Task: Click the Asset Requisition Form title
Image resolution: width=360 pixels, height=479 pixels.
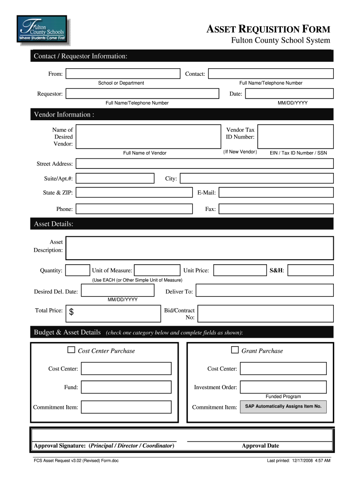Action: point(268,29)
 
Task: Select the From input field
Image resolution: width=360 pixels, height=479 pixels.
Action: point(122,74)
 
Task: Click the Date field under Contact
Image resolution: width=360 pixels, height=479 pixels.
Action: point(289,94)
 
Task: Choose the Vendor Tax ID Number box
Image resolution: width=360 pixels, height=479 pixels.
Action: point(295,136)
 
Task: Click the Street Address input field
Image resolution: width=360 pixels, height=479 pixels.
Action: point(204,164)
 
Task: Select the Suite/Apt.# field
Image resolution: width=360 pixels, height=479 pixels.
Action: point(115,179)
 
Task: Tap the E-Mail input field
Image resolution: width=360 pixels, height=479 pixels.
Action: point(276,193)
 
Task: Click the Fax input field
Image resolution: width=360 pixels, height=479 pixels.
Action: point(276,209)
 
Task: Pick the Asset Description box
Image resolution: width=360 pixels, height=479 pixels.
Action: point(200,248)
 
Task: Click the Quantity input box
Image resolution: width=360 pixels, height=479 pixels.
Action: point(78,270)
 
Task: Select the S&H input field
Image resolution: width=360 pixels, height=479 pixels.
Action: point(313,270)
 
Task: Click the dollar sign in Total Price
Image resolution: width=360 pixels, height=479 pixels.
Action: point(72,313)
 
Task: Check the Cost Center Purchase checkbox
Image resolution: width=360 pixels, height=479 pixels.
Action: point(72,350)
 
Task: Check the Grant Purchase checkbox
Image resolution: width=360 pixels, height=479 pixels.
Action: point(235,350)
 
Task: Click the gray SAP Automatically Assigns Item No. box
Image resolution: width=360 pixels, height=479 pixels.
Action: point(283,406)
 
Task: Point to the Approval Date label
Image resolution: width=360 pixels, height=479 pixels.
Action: point(260,446)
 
